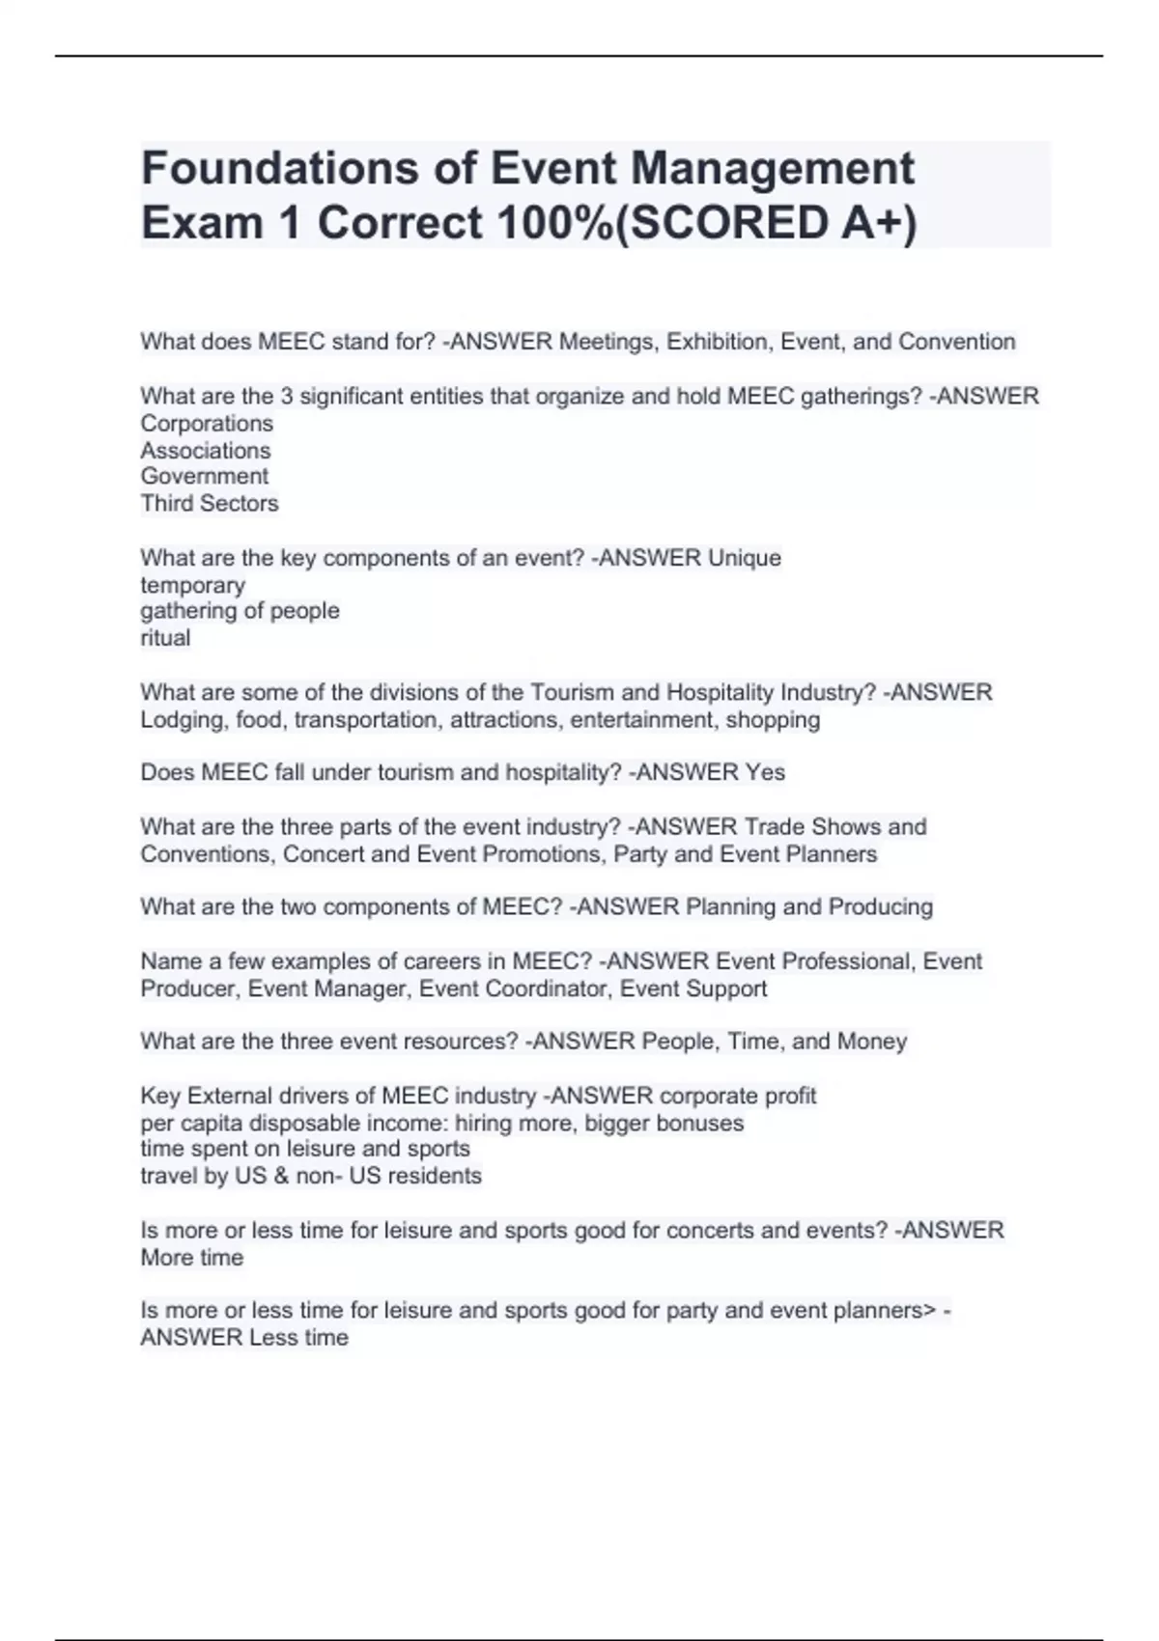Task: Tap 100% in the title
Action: click(x=554, y=223)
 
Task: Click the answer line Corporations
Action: click(x=207, y=424)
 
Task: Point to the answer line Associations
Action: click(x=206, y=451)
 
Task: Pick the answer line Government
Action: click(x=205, y=477)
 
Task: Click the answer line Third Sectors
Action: click(x=210, y=504)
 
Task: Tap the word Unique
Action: click(x=745, y=558)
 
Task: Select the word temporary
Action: click(x=192, y=586)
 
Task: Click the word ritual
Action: click(x=165, y=638)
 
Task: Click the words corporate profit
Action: click(x=738, y=1097)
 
